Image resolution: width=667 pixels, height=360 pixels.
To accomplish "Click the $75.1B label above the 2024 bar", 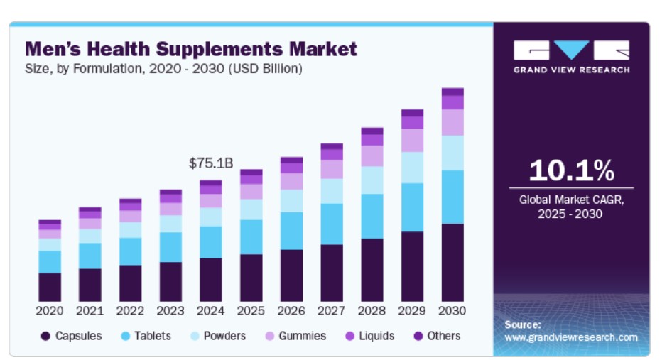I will (x=211, y=163).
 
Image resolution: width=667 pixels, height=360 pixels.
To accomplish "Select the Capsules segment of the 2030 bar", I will (x=452, y=262).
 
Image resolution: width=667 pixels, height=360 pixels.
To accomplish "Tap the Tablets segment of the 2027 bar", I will (x=332, y=224).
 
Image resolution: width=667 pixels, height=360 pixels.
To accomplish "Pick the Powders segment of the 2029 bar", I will (x=412, y=168).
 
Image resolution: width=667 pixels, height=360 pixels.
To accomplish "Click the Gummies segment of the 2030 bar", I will (x=452, y=122).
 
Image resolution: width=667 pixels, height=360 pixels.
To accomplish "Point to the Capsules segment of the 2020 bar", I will (x=50, y=287).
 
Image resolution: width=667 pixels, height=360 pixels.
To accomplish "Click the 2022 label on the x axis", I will (x=130, y=311).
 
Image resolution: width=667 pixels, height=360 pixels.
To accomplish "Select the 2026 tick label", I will (x=291, y=311).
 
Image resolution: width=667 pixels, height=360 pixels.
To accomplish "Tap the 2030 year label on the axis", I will (x=452, y=311).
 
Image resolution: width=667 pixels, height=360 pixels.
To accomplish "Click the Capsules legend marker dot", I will (x=46, y=336).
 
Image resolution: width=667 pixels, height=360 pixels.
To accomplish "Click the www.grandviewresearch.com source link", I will (x=571, y=337).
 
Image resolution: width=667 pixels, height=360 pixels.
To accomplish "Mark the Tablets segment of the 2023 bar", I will (x=170, y=247).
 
